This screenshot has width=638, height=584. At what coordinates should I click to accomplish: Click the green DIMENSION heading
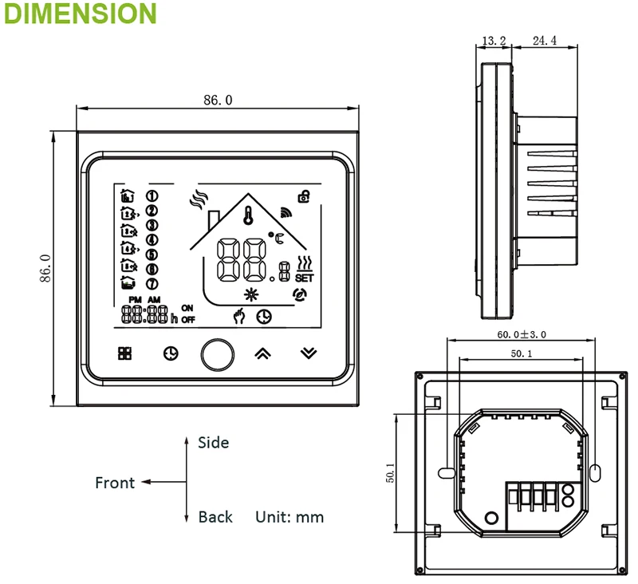click(x=81, y=14)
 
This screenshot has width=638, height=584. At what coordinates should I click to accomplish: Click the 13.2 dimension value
click(x=494, y=41)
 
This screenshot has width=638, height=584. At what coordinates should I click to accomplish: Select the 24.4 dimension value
click(x=545, y=41)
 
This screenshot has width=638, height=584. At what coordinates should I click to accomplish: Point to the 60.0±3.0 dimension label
click(x=522, y=334)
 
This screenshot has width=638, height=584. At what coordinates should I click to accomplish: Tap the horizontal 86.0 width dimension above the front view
click(x=218, y=100)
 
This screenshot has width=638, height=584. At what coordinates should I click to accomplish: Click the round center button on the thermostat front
click(x=218, y=354)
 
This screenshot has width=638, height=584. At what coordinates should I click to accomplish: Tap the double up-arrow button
click(x=263, y=353)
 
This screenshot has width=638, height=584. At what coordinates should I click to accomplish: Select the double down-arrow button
click(x=309, y=353)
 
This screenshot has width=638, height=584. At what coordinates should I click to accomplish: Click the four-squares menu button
click(x=125, y=353)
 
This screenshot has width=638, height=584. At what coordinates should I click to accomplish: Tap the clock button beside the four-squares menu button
click(x=171, y=353)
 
